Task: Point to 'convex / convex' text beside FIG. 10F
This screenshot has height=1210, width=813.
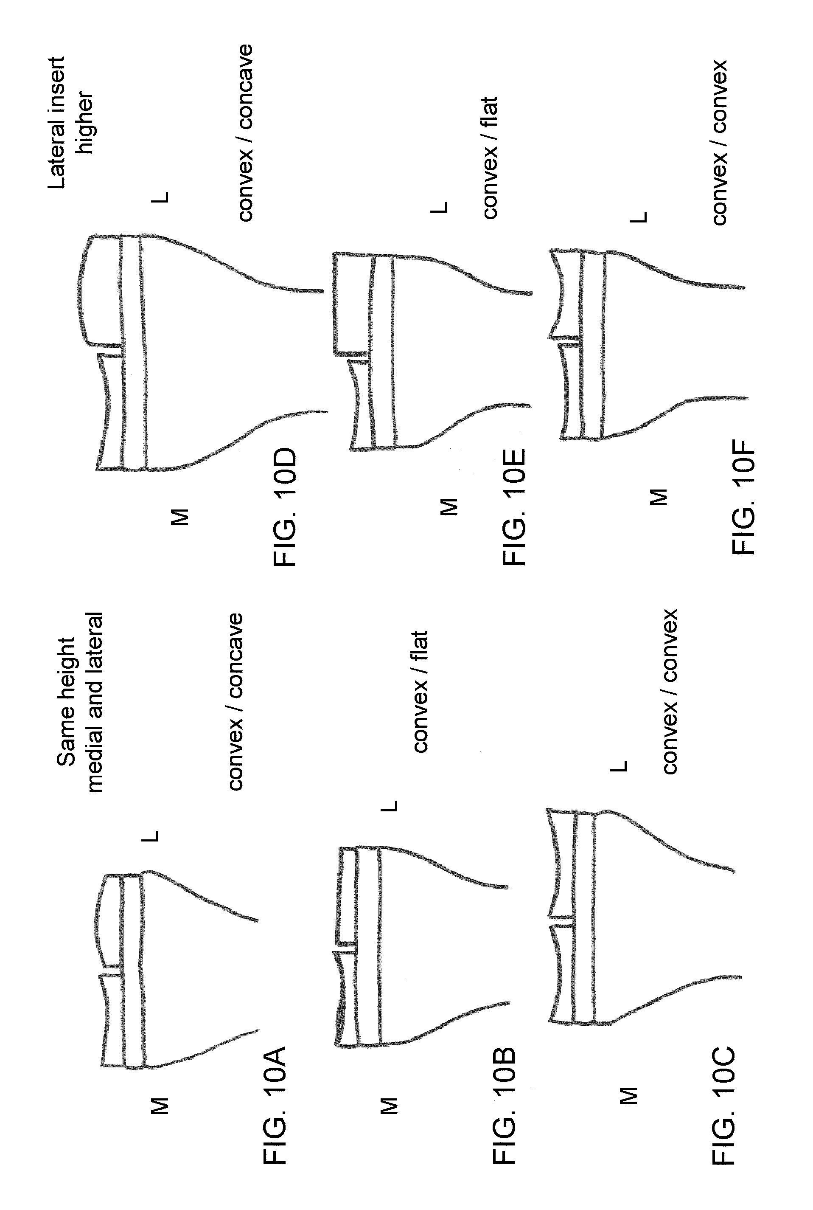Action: click(x=719, y=142)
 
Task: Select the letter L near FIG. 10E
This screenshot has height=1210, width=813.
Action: click(x=439, y=208)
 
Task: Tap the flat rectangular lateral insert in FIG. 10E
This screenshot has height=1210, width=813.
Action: click(x=351, y=304)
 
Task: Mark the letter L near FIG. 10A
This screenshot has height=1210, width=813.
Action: click(x=150, y=836)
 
